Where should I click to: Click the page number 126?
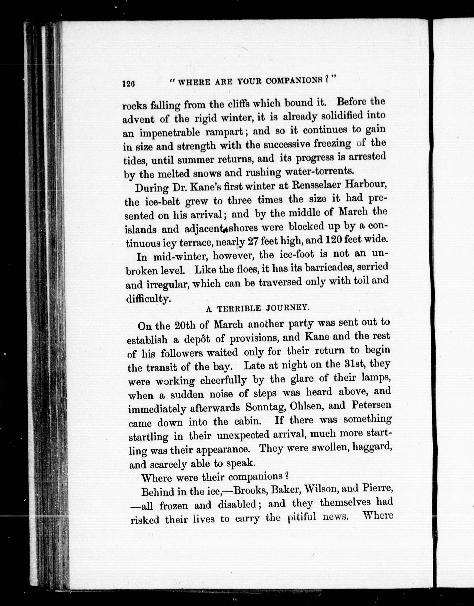click(128, 84)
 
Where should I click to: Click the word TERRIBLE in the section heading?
click(239, 309)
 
